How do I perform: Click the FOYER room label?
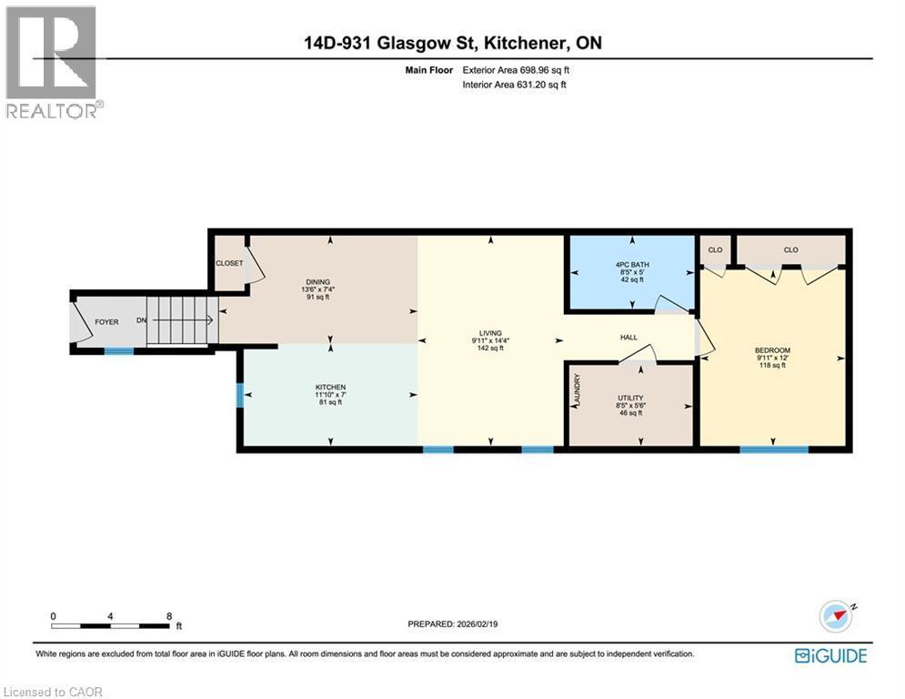click(106, 322)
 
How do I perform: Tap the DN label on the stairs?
click(141, 321)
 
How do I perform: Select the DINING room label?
click(317, 282)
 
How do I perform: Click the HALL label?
click(628, 338)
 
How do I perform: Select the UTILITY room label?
click(630, 398)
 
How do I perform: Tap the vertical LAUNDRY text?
click(577, 390)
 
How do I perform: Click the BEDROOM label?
click(772, 350)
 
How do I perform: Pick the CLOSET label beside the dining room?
click(228, 264)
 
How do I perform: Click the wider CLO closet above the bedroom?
click(790, 249)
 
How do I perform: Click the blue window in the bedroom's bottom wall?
click(773, 449)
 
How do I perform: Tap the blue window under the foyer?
click(118, 350)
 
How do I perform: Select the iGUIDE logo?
click(830, 655)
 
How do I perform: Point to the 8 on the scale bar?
click(169, 616)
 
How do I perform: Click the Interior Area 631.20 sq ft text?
click(515, 85)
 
